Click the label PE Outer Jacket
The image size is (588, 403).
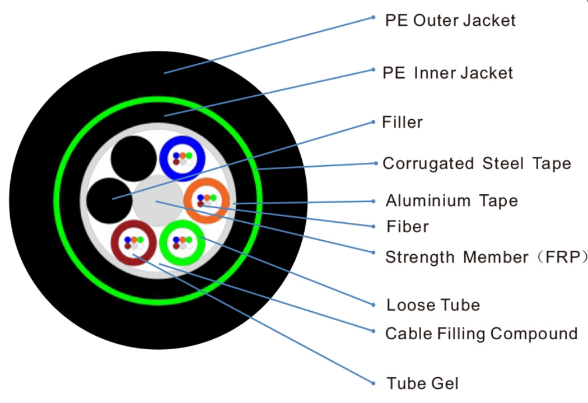(x=450, y=21)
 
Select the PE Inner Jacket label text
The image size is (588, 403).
(x=447, y=73)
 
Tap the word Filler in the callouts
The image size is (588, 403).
(x=402, y=122)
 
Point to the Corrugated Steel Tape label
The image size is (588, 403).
(x=477, y=163)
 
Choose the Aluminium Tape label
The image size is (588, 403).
(x=451, y=200)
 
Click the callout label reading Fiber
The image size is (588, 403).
(x=407, y=227)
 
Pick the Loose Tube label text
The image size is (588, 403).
(x=433, y=305)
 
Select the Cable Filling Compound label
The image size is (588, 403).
(x=481, y=334)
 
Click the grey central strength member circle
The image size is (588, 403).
(x=155, y=200)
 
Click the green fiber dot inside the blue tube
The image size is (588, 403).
(x=189, y=155)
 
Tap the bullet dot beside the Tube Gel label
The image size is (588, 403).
(x=374, y=383)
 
